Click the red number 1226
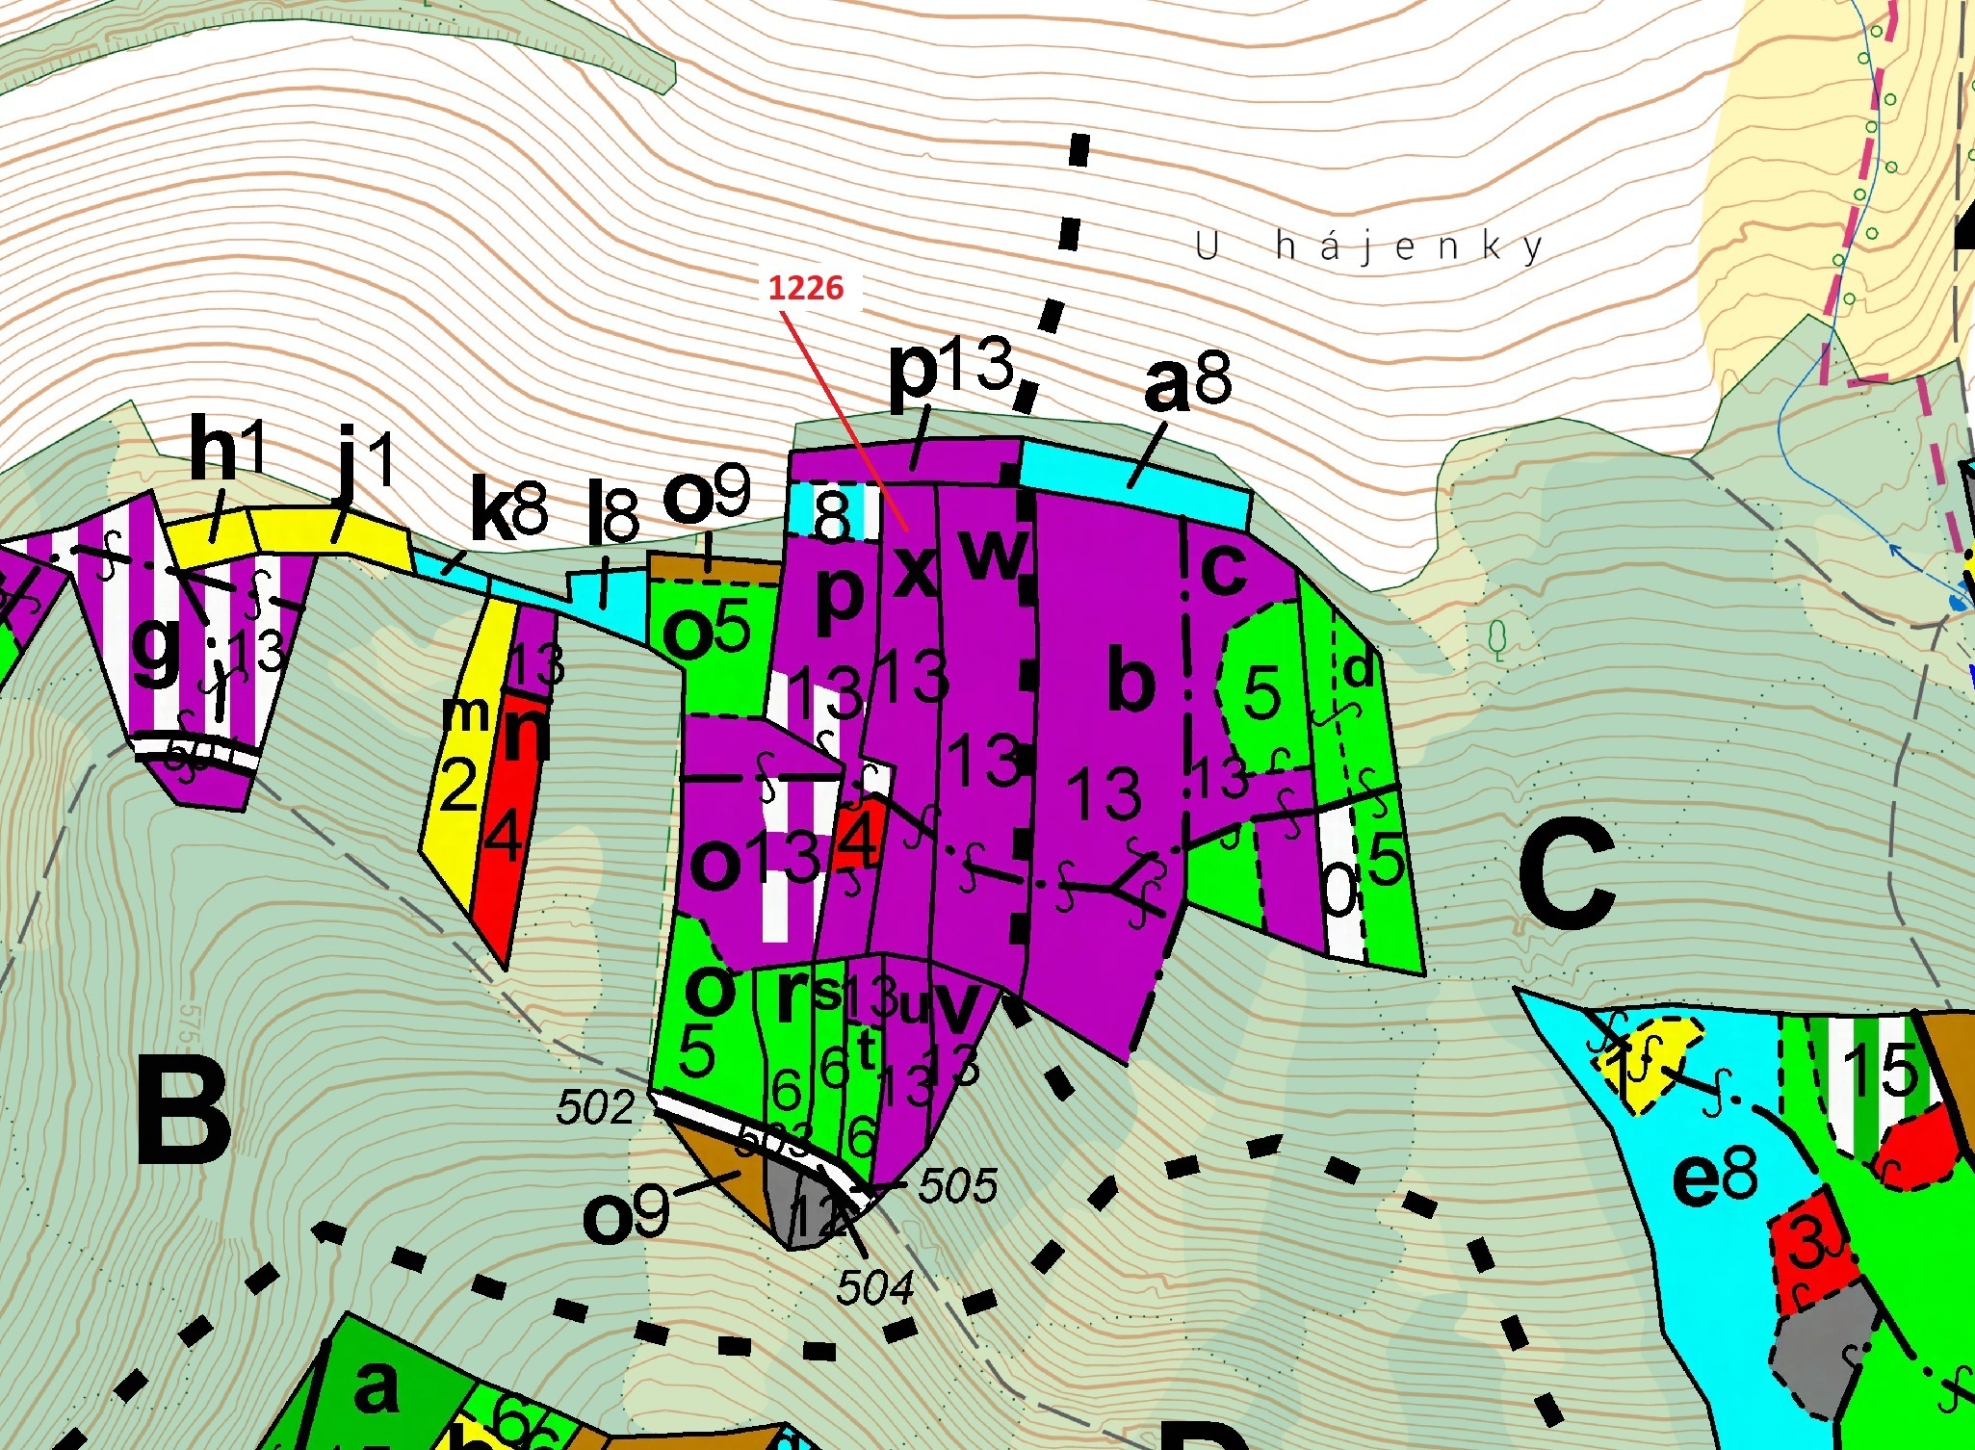click(x=806, y=288)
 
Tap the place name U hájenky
click(x=1368, y=247)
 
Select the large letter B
click(x=184, y=1108)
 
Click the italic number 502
click(x=595, y=1108)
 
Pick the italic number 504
click(x=873, y=1287)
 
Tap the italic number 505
click(x=956, y=1186)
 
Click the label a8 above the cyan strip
click(x=1186, y=382)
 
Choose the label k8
click(x=507, y=513)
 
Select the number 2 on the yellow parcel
click(x=458, y=785)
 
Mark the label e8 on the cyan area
click(x=1714, y=1178)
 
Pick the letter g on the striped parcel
click(x=156, y=648)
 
